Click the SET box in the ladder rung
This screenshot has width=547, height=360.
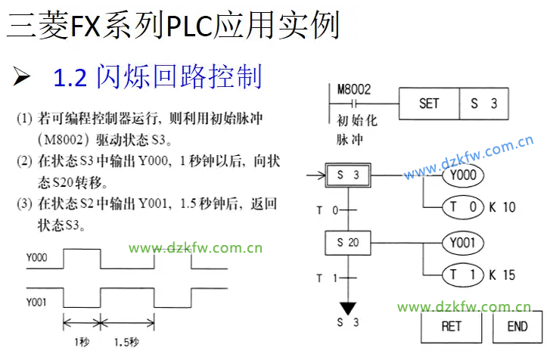coord(428,104)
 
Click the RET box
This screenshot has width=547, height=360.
coord(451,327)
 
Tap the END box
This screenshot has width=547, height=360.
coord(517,327)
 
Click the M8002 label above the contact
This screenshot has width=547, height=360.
coord(353,88)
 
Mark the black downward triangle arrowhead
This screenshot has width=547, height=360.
coord(348,308)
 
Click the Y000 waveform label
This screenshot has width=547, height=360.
coord(36,258)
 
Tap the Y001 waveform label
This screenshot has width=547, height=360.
coord(36,303)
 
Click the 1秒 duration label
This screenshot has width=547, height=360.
coord(82,342)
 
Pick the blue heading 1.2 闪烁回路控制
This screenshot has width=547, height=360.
coord(158,76)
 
